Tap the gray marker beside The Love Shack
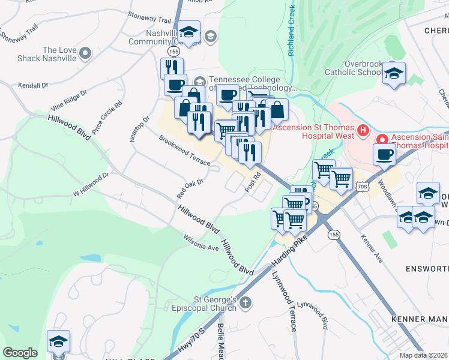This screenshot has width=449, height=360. pyautogui.click(x=85, y=54)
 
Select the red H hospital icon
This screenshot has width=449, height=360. pyautogui.click(x=362, y=130)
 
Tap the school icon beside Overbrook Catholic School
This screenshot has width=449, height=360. pyautogui.click(x=394, y=74)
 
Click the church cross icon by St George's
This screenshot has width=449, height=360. pyautogui.click(x=245, y=304)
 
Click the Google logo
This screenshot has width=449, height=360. pyautogui.click(x=20, y=353)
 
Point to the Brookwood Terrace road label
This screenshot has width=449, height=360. pyautogui.click(x=184, y=151)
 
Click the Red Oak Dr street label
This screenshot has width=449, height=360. pyautogui.click(x=190, y=188)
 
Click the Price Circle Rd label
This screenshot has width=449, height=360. pyautogui.click(x=110, y=112)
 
